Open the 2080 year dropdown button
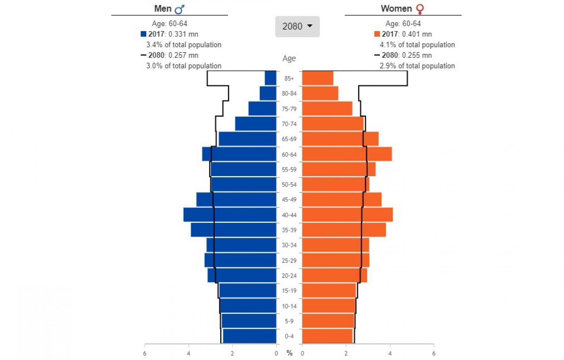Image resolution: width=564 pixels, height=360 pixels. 297,26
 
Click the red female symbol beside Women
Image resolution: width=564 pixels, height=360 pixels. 420,9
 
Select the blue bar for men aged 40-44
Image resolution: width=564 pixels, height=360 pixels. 229,215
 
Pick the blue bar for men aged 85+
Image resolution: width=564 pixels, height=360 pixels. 270,78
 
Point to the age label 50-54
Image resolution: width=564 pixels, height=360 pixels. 289,185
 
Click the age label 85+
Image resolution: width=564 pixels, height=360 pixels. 289,78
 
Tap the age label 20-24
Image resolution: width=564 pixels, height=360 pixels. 289,275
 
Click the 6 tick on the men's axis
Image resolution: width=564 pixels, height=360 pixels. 145,353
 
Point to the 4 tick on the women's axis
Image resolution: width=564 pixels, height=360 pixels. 390,353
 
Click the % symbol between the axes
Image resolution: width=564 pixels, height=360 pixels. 289,353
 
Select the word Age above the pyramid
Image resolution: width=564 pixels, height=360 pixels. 289,58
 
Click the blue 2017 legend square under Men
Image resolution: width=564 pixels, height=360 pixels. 143,34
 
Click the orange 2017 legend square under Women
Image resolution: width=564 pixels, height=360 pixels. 377,34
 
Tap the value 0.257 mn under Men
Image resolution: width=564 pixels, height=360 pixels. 183,55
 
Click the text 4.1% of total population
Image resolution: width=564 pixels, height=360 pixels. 417,45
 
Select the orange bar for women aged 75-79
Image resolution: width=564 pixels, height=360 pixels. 327,108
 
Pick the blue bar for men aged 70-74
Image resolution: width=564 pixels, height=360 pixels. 256,124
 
